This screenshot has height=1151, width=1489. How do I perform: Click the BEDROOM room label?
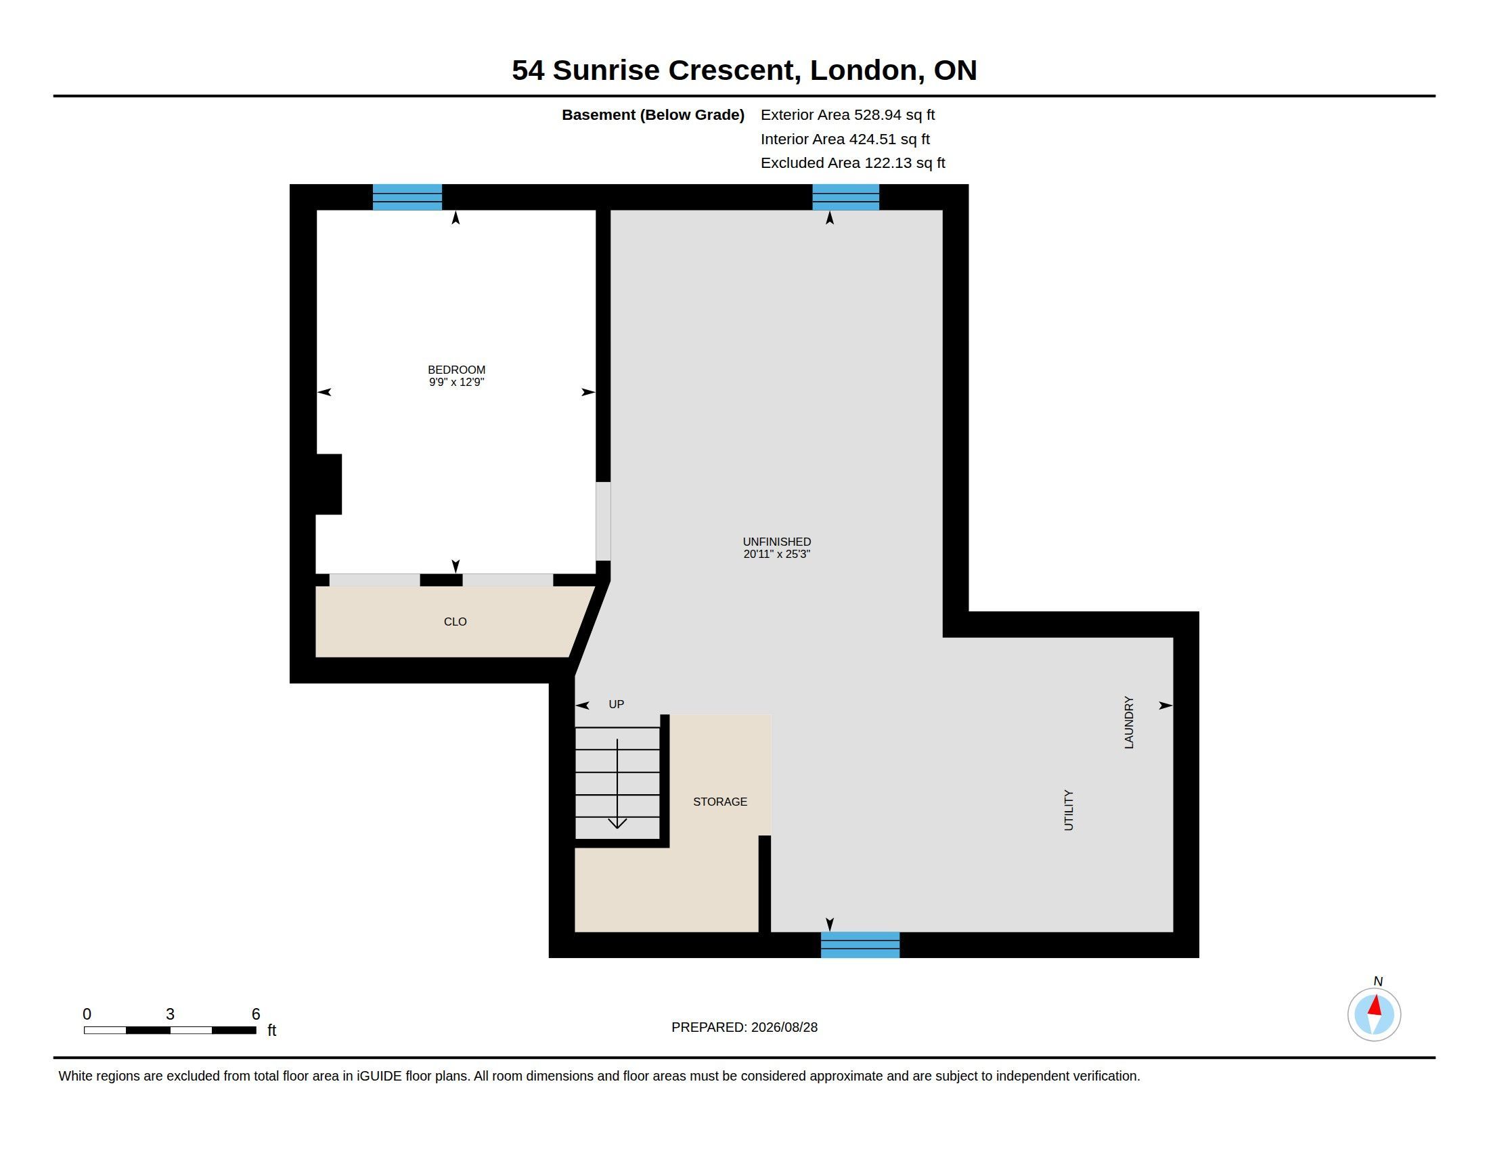[x=456, y=370]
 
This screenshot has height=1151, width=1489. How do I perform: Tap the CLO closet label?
[x=455, y=622]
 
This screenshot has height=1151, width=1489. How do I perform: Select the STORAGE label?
[x=720, y=802]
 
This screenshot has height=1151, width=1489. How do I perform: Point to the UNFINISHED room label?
[x=776, y=542]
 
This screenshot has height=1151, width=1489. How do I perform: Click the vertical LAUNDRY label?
[x=1128, y=723]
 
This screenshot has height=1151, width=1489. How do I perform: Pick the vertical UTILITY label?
[x=1068, y=810]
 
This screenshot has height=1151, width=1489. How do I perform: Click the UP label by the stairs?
[x=617, y=704]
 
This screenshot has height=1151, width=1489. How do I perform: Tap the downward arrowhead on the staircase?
[x=617, y=823]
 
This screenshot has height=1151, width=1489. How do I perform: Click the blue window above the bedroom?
[x=407, y=197]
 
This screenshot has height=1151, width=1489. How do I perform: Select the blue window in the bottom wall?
[x=860, y=944]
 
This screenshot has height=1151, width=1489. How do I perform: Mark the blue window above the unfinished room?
[x=845, y=197]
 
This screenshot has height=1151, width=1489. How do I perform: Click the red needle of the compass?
[x=1375, y=1005]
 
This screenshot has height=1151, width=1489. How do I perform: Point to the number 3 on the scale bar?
[x=170, y=1014]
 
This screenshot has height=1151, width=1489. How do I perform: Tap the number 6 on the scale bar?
[x=256, y=1014]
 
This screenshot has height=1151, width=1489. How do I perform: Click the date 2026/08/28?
[x=784, y=1027]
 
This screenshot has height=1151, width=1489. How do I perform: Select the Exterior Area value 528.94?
[x=877, y=115]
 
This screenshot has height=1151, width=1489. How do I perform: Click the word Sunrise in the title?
[x=606, y=70]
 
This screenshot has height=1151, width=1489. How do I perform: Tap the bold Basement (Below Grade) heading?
[x=652, y=115]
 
